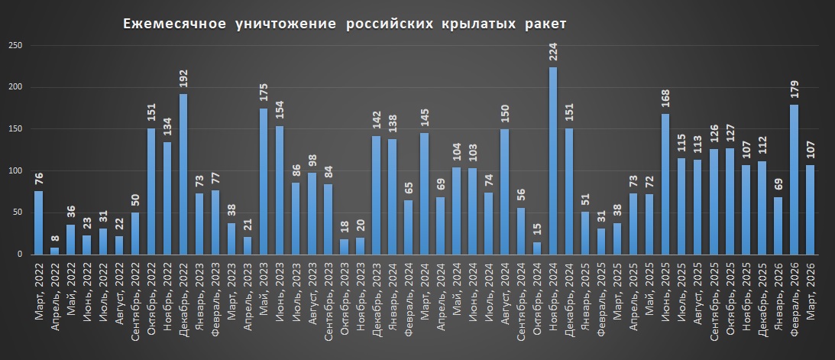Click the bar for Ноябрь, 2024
[x=553, y=161]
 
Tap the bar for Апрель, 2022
[x=54, y=251]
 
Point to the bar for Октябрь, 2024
[x=537, y=248]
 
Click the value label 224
[x=553, y=54]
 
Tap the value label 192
[x=183, y=80]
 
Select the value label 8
[x=54, y=239]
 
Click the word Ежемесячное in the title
[x=175, y=24]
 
